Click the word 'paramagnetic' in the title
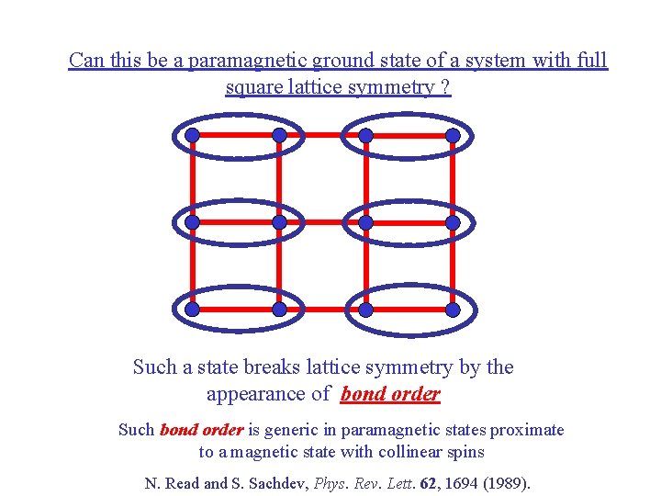coord(243,61)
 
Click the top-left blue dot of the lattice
coord(192,135)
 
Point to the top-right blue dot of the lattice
coord(453,135)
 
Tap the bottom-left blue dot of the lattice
coord(192,310)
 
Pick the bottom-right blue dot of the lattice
coord(453,310)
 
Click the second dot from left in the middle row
coord(279,222)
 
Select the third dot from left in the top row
coord(365,135)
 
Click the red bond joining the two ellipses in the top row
coord(322,135)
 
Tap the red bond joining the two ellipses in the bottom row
coord(322,310)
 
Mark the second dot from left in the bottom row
coord(279,310)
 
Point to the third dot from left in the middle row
coord(365,222)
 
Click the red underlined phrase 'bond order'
coord(390,395)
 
